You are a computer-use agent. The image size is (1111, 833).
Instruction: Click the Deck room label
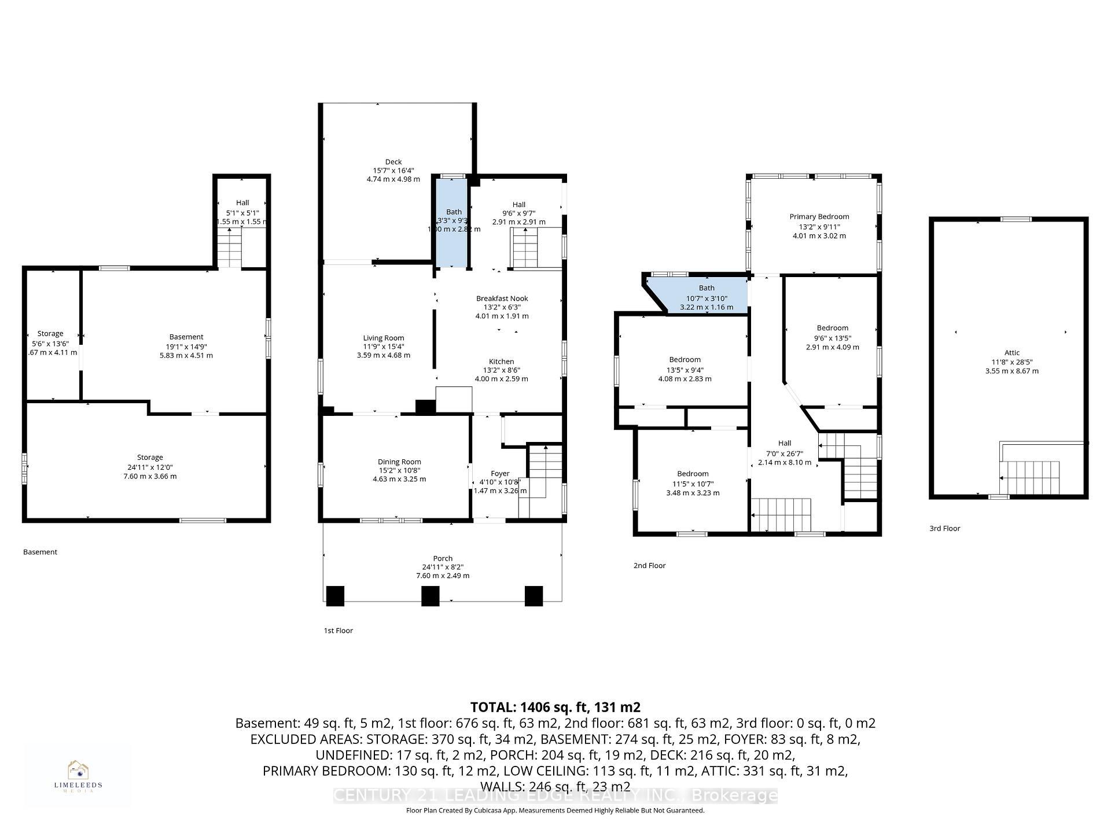coord(393,162)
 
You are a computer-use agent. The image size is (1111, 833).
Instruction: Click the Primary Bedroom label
coord(819,217)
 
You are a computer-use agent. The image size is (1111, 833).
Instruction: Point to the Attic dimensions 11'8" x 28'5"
coord(1011,362)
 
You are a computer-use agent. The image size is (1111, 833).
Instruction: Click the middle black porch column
coord(430,596)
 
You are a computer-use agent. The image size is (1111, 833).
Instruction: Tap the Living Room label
coord(384,338)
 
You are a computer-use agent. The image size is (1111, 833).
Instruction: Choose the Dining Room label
coord(399,462)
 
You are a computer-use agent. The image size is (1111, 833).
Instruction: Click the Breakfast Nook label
coord(502,298)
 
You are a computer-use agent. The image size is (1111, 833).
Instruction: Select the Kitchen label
coord(501,362)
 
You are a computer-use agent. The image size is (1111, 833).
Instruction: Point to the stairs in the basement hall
coord(229,248)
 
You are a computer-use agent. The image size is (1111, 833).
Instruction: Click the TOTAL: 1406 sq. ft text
coord(555,707)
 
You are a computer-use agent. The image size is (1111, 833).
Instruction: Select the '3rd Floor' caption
coord(944,528)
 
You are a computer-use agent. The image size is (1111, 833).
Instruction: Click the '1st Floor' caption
coord(338,631)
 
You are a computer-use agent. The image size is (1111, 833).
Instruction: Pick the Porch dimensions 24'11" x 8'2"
coord(443,567)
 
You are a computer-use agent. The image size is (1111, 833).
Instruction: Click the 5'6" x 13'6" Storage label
coord(50,334)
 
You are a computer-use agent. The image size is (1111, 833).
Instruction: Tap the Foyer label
coord(500,473)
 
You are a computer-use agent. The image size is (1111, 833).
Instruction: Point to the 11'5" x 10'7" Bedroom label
coord(693,474)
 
